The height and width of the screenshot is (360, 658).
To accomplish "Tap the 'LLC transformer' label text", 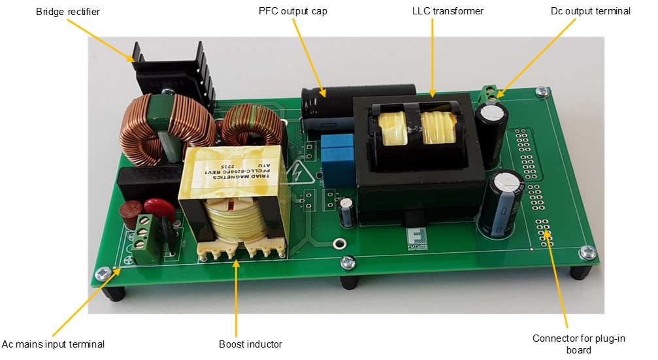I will pos(448,12).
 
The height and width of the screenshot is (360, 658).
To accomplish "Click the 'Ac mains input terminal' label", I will pos(54,344).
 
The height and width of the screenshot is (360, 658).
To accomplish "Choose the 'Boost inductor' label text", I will pos(251,344).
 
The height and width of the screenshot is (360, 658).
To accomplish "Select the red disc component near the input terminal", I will pos(154,209).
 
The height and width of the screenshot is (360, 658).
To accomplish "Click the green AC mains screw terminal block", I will pos(141,240).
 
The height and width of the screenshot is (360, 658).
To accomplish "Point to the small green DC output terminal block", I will pos(489,93).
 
